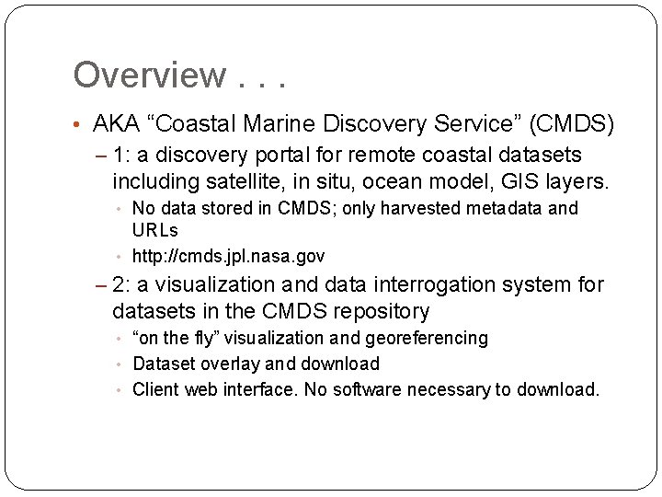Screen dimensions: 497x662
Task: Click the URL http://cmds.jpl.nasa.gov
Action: click(228, 256)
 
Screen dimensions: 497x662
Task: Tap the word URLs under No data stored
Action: click(155, 230)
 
